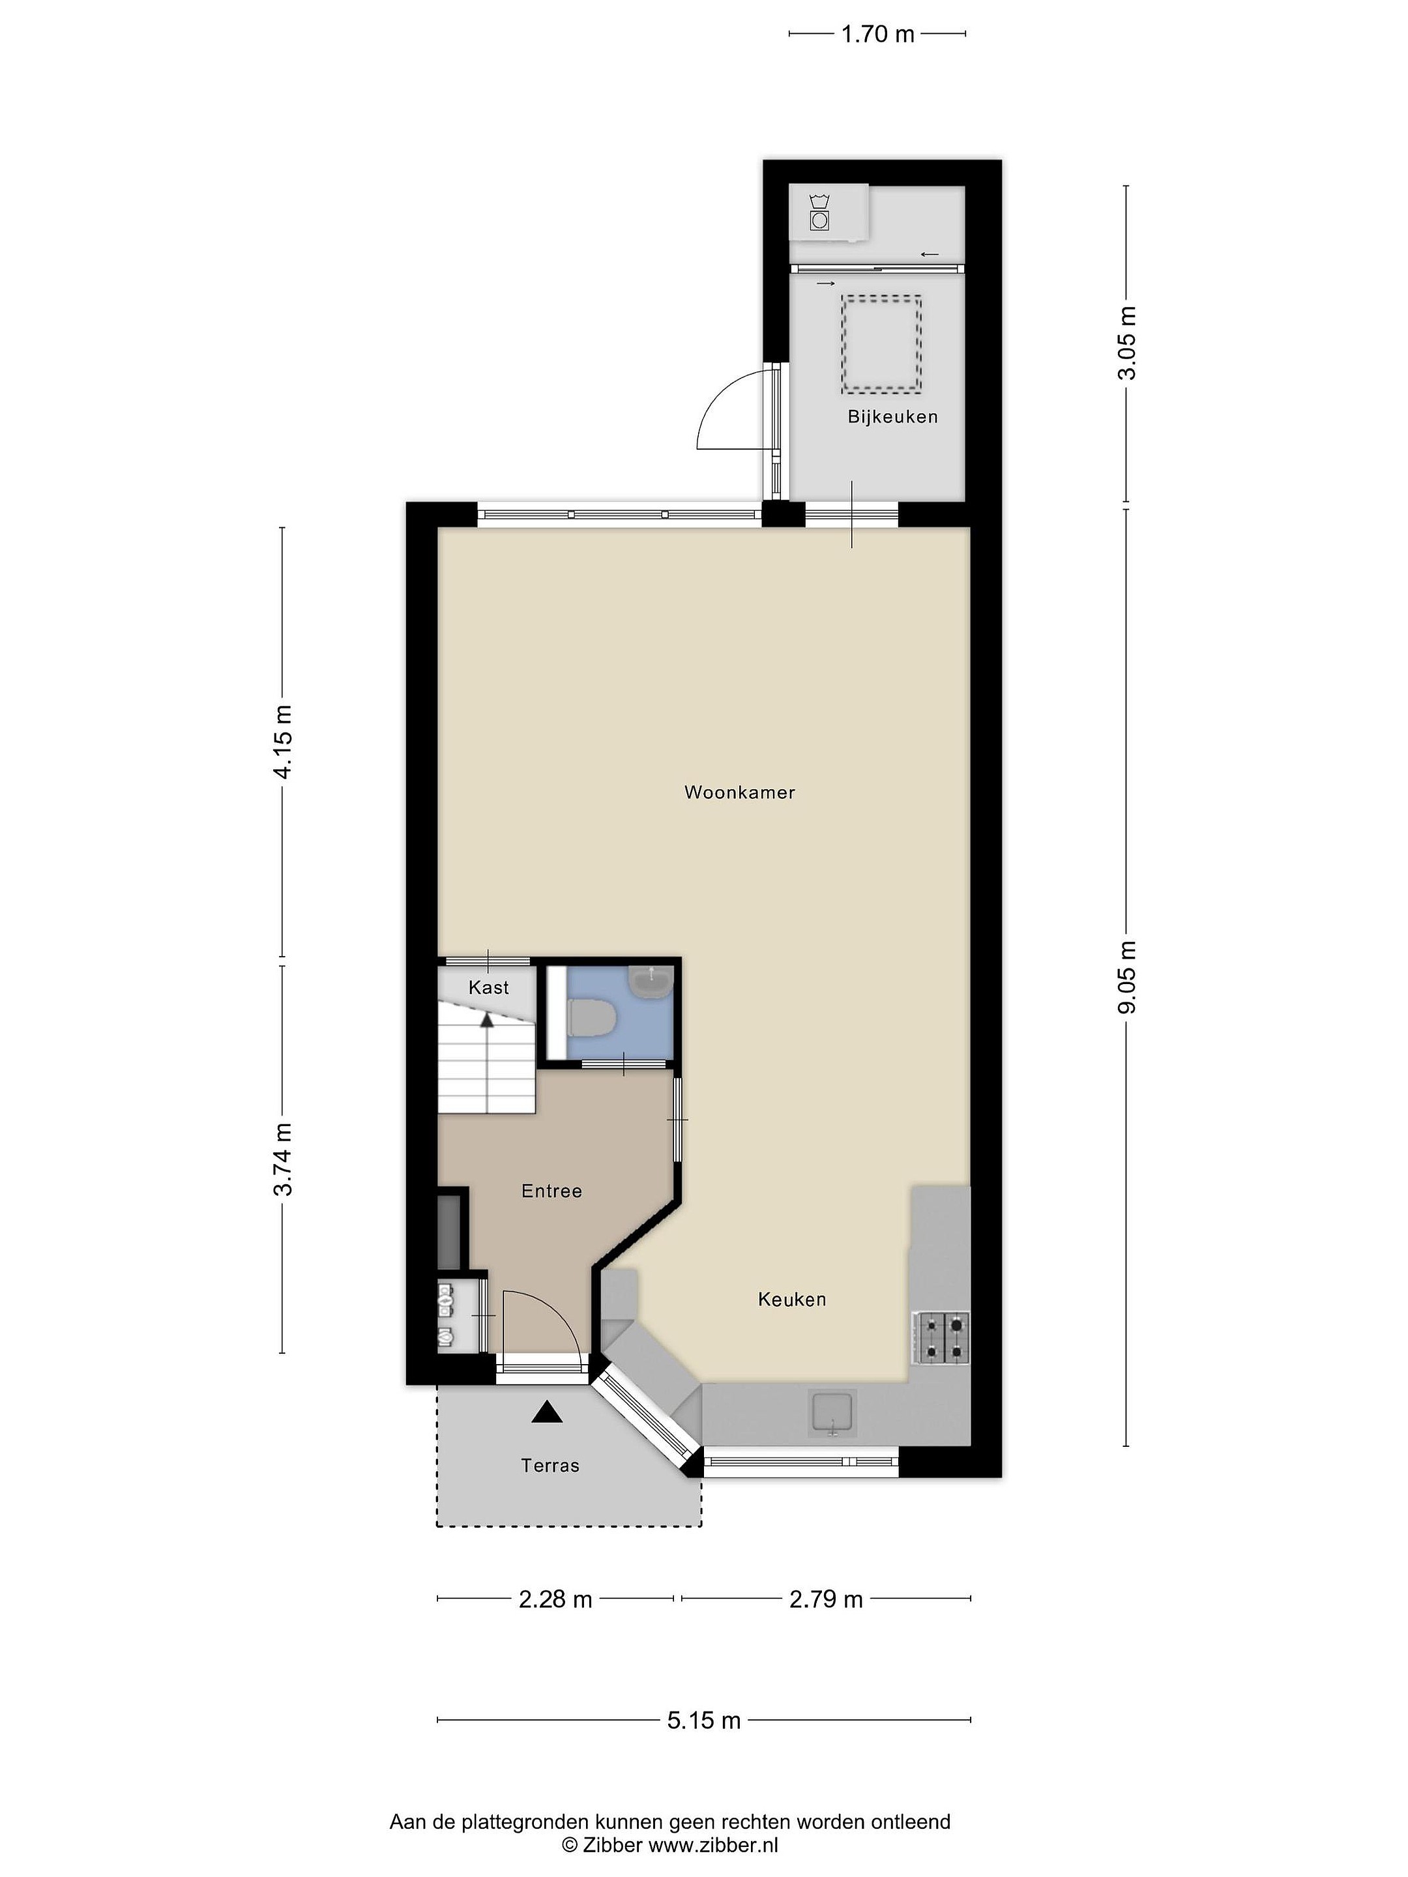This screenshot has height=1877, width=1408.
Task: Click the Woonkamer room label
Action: click(739, 793)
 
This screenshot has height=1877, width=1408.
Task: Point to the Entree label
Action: click(551, 1191)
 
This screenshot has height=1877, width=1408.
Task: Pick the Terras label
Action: click(550, 1466)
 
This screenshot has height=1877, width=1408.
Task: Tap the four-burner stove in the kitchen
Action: click(941, 1338)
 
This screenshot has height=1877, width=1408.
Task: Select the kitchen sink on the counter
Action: click(832, 1414)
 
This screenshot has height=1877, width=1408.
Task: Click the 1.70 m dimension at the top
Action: click(877, 34)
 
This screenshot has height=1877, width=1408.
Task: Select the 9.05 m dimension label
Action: click(1127, 977)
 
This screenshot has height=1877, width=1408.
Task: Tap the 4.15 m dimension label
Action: click(283, 742)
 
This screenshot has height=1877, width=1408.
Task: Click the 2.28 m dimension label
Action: click(555, 1599)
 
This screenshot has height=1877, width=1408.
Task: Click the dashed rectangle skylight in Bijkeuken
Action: click(882, 345)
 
